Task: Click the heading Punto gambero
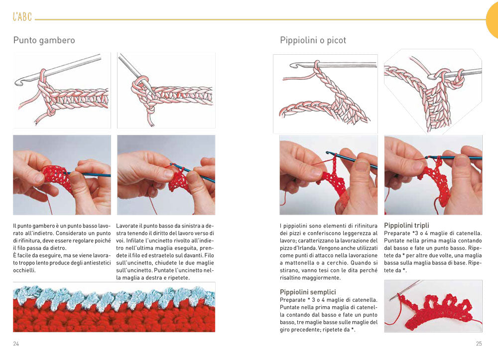click(44, 40)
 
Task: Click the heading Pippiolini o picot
click(313, 40)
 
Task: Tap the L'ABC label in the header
click(22, 17)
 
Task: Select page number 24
click(16, 344)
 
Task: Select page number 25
click(479, 344)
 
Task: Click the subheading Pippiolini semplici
click(308, 292)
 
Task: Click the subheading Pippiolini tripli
click(406, 226)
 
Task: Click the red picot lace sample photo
click(433, 306)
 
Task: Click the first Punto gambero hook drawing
click(62, 90)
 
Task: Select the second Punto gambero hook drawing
click(166, 90)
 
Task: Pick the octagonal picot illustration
click(433, 91)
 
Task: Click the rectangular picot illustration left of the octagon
click(325, 94)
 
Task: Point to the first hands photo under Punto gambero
click(62, 175)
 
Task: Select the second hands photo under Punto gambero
click(166, 175)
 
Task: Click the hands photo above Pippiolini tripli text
click(433, 175)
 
